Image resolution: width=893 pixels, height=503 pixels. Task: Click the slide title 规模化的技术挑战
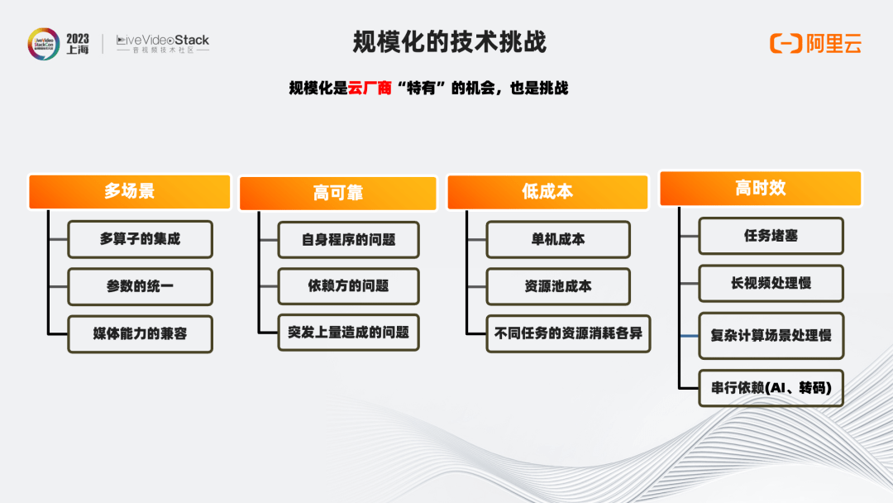tap(449, 42)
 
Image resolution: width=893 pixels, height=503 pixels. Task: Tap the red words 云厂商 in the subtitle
tap(370, 88)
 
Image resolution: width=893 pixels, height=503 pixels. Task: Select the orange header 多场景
tap(129, 191)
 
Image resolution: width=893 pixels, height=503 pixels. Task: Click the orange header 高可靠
tap(337, 193)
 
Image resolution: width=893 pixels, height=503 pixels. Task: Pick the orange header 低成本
tap(547, 192)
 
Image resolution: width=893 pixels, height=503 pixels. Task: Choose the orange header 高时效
tap(761, 188)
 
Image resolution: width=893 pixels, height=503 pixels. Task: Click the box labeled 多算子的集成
tap(140, 239)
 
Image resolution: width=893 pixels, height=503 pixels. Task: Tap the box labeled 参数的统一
tap(140, 286)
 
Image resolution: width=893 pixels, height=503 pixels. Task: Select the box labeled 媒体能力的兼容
tap(140, 333)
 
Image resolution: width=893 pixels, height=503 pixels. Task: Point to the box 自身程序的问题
tap(349, 240)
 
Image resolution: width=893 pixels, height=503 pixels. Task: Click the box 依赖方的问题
tap(349, 286)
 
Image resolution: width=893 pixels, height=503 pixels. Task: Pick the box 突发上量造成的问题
tap(349, 332)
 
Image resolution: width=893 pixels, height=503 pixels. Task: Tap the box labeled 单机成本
tap(558, 239)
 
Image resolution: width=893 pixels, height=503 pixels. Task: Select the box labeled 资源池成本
tap(558, 286)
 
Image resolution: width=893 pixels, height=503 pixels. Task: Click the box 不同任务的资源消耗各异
tap(568, 333)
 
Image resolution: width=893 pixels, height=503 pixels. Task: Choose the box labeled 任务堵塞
tap(771, 236)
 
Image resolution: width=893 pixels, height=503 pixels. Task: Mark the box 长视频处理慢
tap(771, 283)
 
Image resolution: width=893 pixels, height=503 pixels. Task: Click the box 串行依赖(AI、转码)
tap(771, 388)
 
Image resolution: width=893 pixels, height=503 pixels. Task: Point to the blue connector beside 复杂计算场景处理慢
tap(689, 336)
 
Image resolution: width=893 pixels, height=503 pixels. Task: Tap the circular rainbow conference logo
tap(44, 44)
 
